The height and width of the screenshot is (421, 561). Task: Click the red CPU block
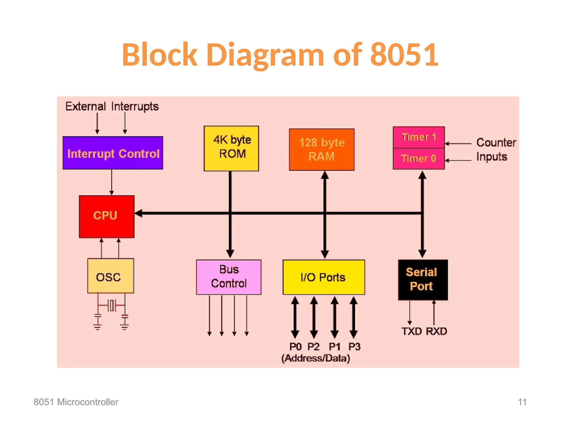click(x=107, y=216)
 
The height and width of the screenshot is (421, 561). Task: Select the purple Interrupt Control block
click(x=113, y=153)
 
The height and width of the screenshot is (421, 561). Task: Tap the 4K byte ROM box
click(x=231, y=148)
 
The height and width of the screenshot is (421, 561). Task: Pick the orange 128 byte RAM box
click(x=322, y=149)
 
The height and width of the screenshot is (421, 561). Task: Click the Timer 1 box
click(x=419, y=137)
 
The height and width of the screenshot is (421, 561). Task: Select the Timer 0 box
click(x=419, y=159)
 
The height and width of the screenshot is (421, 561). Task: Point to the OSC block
click(x=110, y=276)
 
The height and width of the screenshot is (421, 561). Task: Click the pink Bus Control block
click(x=229, y=277)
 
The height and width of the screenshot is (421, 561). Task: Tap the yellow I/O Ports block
click(x=324, y=277)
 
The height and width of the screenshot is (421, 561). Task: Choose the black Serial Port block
click(x=423, y=280)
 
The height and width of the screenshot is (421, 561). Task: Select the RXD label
click(x=436, y=331)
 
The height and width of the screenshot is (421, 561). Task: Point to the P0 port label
click(x=295, y=347)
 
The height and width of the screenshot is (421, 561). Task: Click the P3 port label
click(x=354, y=347)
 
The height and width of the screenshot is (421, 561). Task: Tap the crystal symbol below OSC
click(x=111, y=305)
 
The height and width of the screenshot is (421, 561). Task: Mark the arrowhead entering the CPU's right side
click(x=139, y=213)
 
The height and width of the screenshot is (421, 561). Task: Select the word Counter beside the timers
click(x=496, y=143)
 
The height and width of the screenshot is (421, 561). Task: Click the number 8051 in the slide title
click(x=404, y=55)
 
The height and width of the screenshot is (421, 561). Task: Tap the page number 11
click(x=522, y=402)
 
